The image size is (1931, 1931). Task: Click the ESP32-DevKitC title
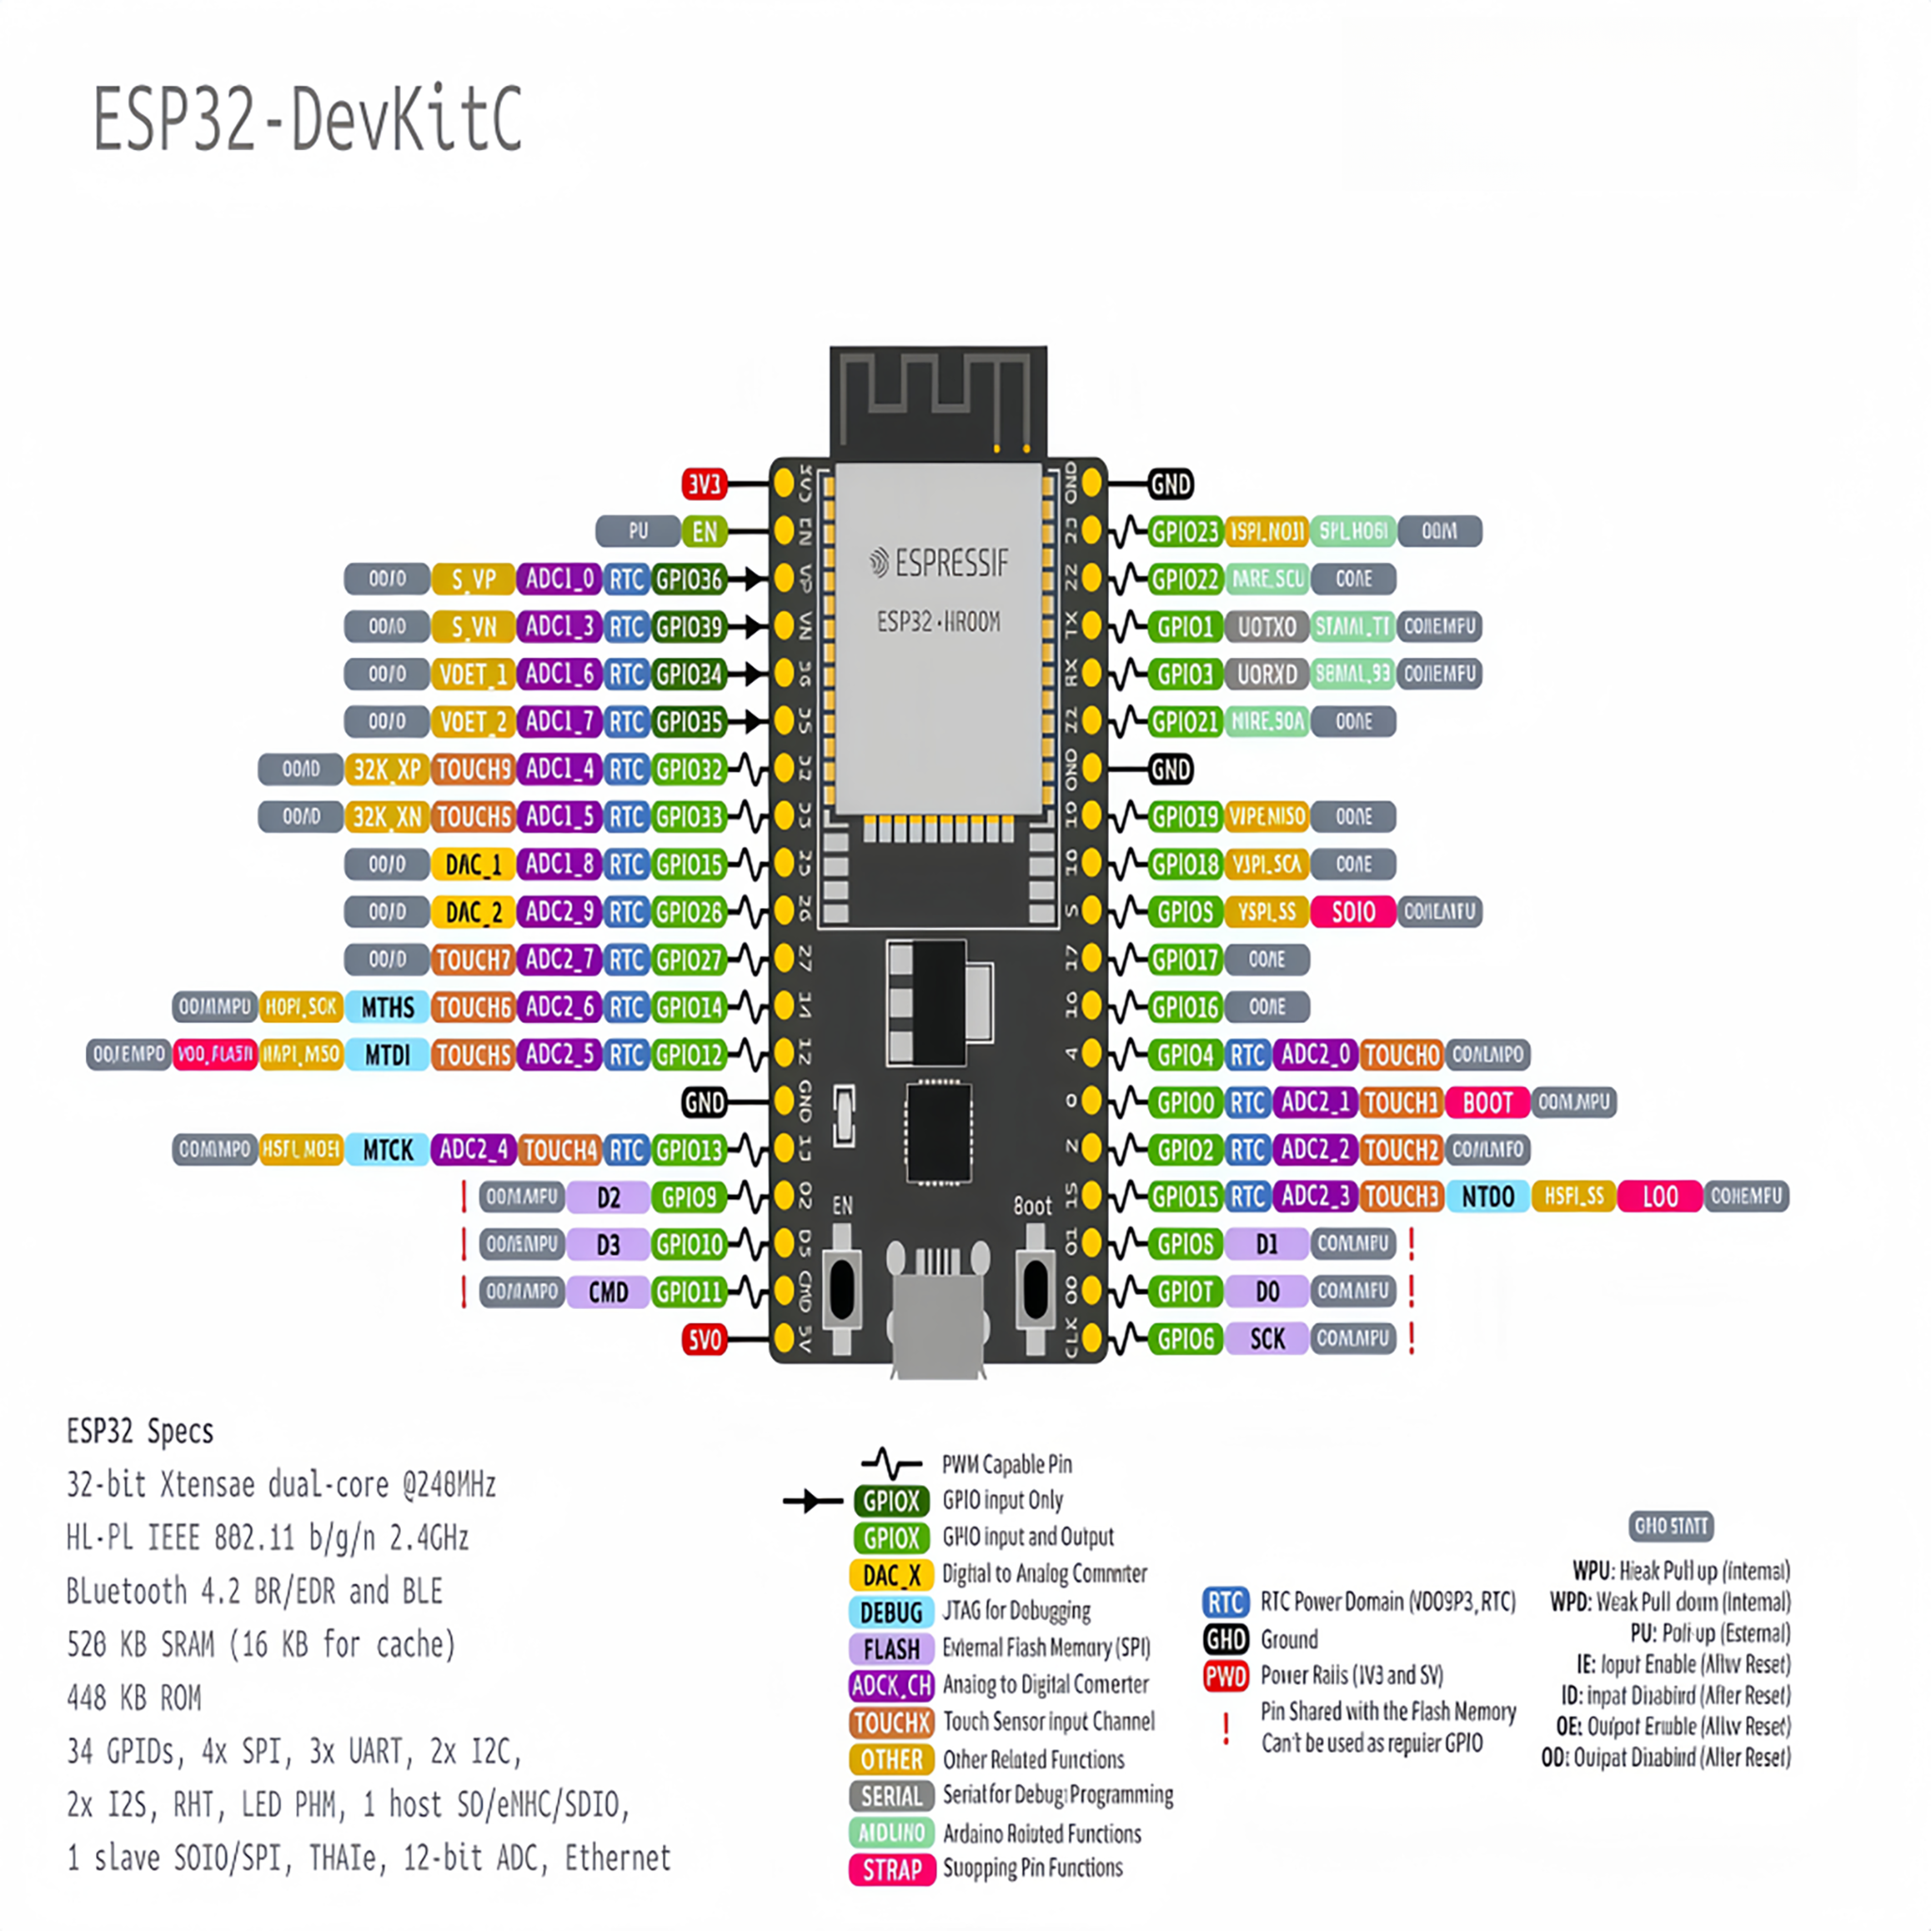point(307,120)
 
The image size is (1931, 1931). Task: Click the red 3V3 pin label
point(703,485)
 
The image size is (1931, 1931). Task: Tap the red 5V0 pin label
point(703,1339)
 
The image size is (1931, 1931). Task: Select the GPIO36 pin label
point(688,579)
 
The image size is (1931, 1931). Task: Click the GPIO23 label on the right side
point(1184,532)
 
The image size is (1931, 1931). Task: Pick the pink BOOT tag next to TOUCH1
point(1487,1102)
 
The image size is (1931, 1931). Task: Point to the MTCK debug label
point(388,1150)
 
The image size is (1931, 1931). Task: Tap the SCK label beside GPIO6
point(1266,1339)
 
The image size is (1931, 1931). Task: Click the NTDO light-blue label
point(1487,1197)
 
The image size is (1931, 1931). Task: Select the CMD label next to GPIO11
point(608,1293)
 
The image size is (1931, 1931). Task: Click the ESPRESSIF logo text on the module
point(938,564)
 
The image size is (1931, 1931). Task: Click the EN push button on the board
point(843,1289)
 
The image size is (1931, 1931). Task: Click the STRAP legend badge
point(890,1870)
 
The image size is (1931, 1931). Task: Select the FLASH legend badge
point(890,1649)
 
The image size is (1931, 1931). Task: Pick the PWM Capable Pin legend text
point(1006,1464)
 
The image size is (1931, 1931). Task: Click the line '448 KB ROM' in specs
point(134,1698)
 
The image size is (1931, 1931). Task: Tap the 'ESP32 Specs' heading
point(140,1431)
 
